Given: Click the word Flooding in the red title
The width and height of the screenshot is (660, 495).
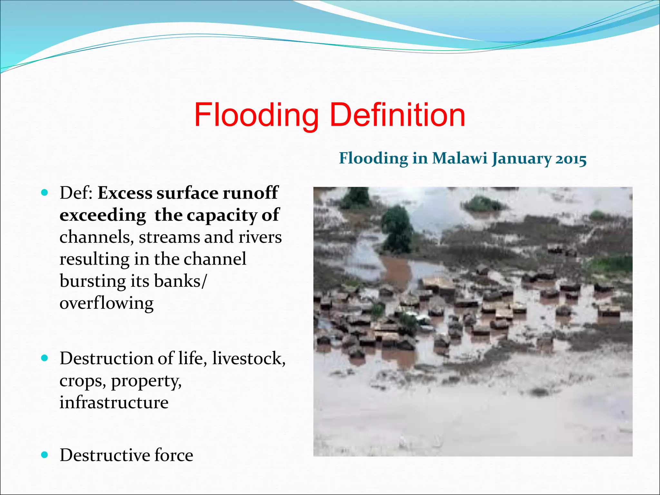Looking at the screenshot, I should pyautogui.click(x=256, y=115).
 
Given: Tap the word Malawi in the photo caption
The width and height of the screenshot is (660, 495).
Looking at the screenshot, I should pyautogui.click(x=460, y=158).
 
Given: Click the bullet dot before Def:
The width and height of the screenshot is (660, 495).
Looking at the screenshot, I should pyautogui.click(x=45, y=193).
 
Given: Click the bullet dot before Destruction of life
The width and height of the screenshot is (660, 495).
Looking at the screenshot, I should pyautogui.click(x=45, y=358).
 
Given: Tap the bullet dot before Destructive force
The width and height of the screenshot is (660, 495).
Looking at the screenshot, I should pyautogui.click(x=45, y=455).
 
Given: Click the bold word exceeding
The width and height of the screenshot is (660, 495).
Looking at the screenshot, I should pyautogui.click(x=103, y=215).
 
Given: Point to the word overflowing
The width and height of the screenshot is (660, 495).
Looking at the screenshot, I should pyautogui.click(x=106, y=303).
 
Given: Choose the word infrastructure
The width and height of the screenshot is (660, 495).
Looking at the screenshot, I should pyautogui.click(x=114, y=402).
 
